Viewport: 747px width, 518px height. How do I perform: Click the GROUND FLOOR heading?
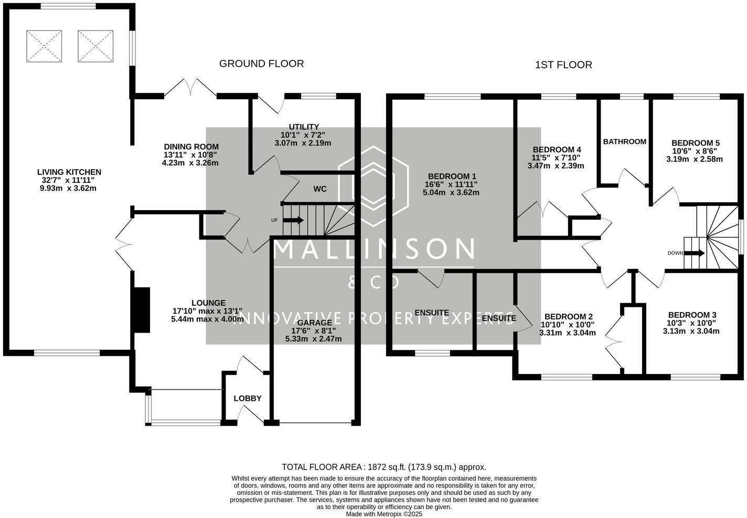(261, 64)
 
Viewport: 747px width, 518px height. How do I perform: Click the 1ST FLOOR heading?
(563, 65)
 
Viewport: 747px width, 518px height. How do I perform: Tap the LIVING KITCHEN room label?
(69, 172)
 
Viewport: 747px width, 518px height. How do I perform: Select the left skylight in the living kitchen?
(44, 46)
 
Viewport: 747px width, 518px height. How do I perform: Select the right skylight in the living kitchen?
(95, 46)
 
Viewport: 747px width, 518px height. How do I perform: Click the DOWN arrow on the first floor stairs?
(695, 253)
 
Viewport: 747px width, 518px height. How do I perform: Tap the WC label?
(320, 189)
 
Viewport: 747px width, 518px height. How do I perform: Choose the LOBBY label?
(247, 398)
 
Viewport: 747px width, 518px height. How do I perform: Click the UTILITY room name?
(304, 127)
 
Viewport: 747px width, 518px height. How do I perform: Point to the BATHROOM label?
(624, 141)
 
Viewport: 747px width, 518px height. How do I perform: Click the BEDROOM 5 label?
(695, 142)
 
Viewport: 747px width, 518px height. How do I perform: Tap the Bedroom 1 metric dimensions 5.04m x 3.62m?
(452, 192)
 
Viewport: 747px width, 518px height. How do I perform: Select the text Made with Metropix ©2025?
(383, 514)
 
